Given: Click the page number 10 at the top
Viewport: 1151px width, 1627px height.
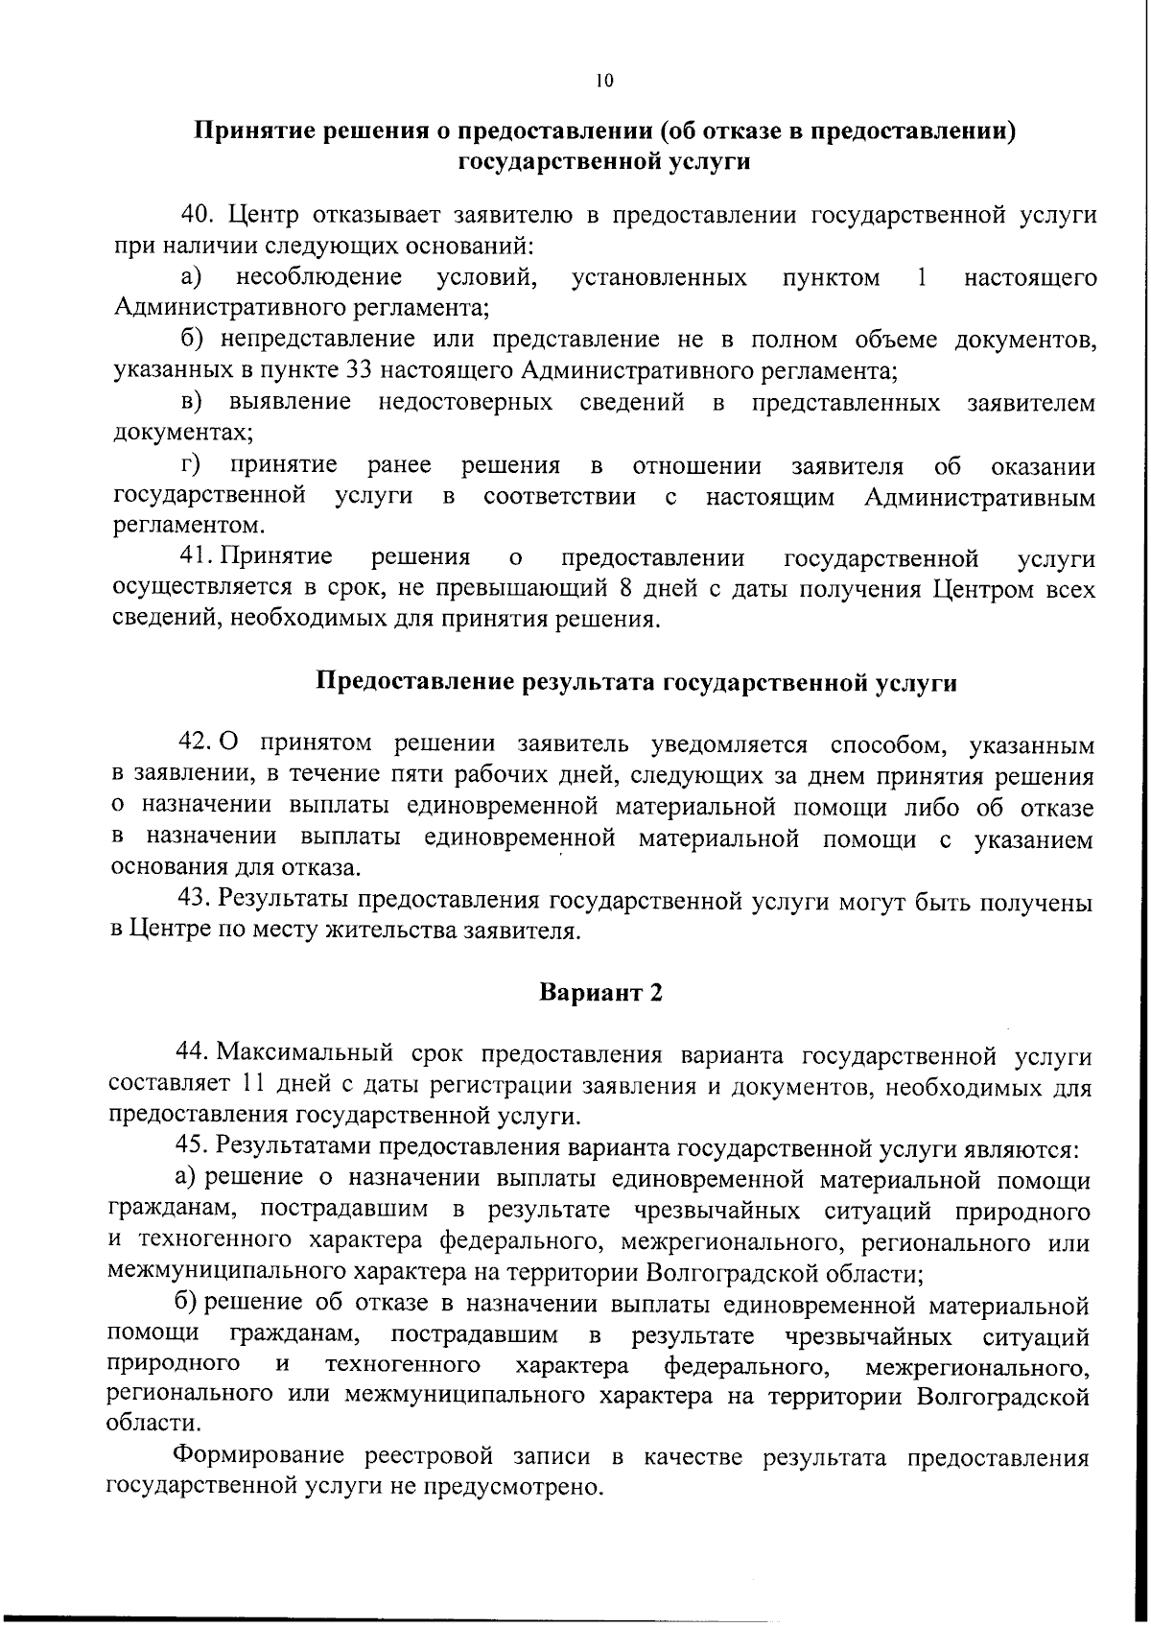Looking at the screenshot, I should (x=603, y=81).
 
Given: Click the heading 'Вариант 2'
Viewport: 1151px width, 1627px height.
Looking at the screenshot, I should (x=601, y=992).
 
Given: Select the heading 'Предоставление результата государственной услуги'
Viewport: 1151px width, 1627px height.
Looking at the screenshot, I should (x=637, y=683).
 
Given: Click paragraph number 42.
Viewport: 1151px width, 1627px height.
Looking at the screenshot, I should (x=196, y=743).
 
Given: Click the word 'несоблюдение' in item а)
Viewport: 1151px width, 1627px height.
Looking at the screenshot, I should (x=319, y=278).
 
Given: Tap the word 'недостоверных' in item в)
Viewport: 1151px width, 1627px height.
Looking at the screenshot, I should (x=465, y=402).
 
